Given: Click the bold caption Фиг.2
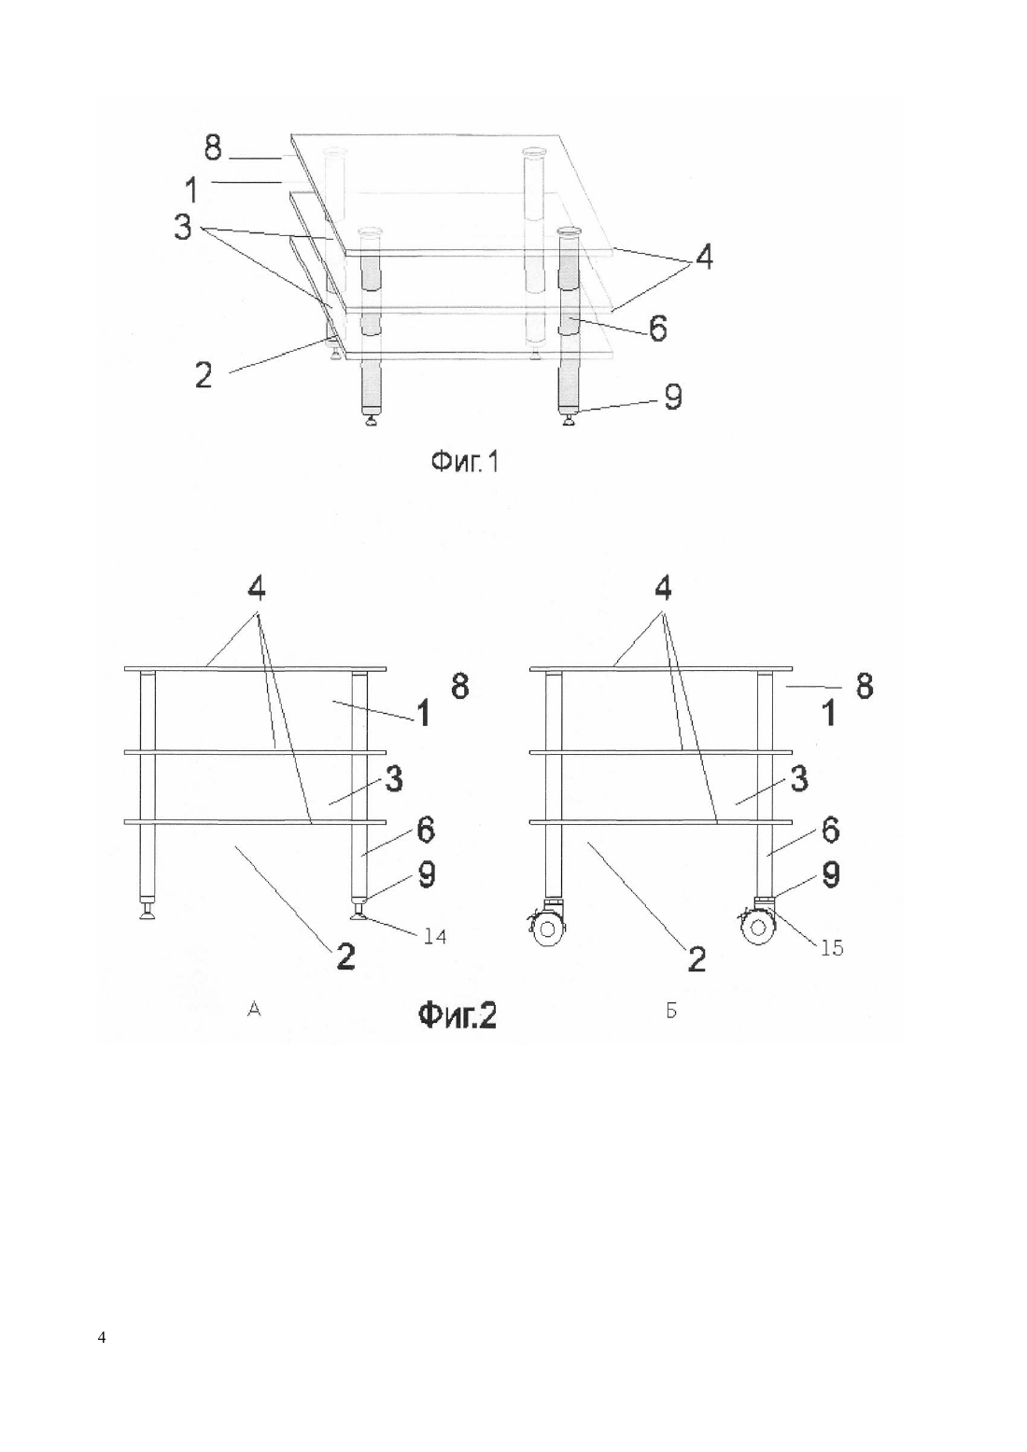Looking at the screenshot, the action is coord(457,1016).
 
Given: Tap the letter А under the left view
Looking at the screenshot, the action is coord(255,1009).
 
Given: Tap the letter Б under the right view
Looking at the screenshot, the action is coord(671,1010).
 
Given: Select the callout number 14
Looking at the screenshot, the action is coord(434,936).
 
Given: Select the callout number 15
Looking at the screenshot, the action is coord(831,948).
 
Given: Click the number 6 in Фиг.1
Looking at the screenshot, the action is coord(657,328).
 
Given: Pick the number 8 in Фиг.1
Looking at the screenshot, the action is coord(213,147).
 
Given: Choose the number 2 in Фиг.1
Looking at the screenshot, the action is coord(204,375).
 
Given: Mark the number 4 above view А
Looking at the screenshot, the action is coord(256,590).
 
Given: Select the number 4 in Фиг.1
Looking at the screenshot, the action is coord(704,258).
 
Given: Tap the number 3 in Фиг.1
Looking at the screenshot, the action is coord(184,228).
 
